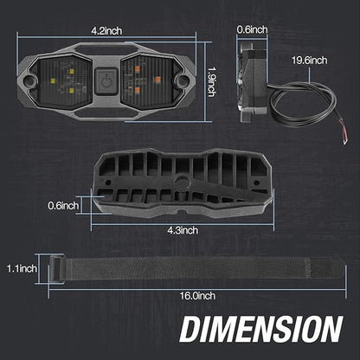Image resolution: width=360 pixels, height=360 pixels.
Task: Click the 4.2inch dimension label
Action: pyautogui.click(x=106, y=31)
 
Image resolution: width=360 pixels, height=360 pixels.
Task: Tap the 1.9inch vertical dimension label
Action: pyautogui.click(x=212, y=82)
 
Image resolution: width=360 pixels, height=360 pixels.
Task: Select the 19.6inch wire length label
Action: pyautogui.click(x=310, y=61)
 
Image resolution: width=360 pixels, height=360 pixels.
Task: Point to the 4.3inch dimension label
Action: pyautogui.click(x=183, y=230)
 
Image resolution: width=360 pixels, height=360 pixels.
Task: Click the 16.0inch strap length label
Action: pyautogui.click(x=197, y=296)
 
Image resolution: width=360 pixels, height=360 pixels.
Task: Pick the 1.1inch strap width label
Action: pyautogui.click(x=22, y=269)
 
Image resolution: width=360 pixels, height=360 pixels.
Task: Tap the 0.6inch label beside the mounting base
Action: pyautogui.click(x=63, y=206)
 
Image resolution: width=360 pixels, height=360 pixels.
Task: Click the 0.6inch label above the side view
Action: pyautogui.click(x=252, y=29)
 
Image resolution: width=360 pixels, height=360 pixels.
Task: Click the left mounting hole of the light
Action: pyautogui.click(x=29, y=80)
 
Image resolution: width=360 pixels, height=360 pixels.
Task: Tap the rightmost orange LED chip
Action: pyautogui.click(x=157, y=79)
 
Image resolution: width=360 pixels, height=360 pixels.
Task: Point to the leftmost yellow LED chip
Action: pyautogui.click(x=53, y=81)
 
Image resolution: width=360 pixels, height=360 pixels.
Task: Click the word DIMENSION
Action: pyautogui.click(x=261, y=329)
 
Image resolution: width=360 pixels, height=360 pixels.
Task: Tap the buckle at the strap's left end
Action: pyautogui.click(x=56, y=269)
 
